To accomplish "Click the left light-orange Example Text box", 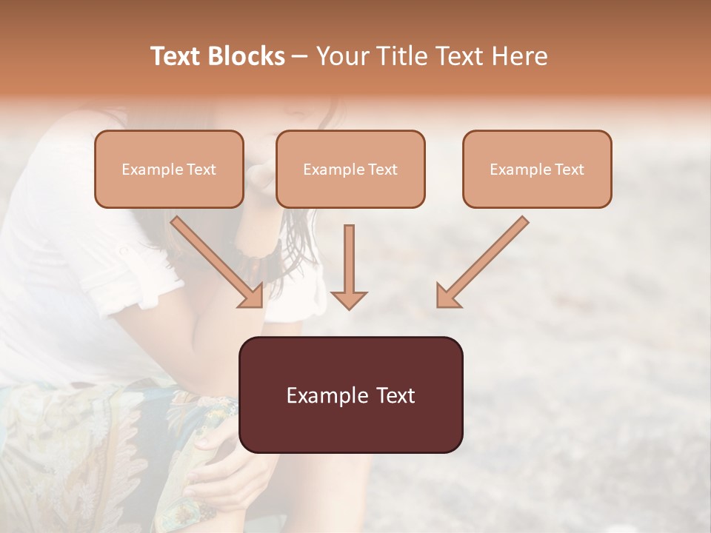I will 169,169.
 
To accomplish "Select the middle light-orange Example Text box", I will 350,169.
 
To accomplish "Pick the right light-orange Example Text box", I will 537,169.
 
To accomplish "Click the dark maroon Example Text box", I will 350,395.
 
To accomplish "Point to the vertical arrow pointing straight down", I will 349,266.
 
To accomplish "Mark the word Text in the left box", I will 201,170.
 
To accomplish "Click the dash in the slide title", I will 300,56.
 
